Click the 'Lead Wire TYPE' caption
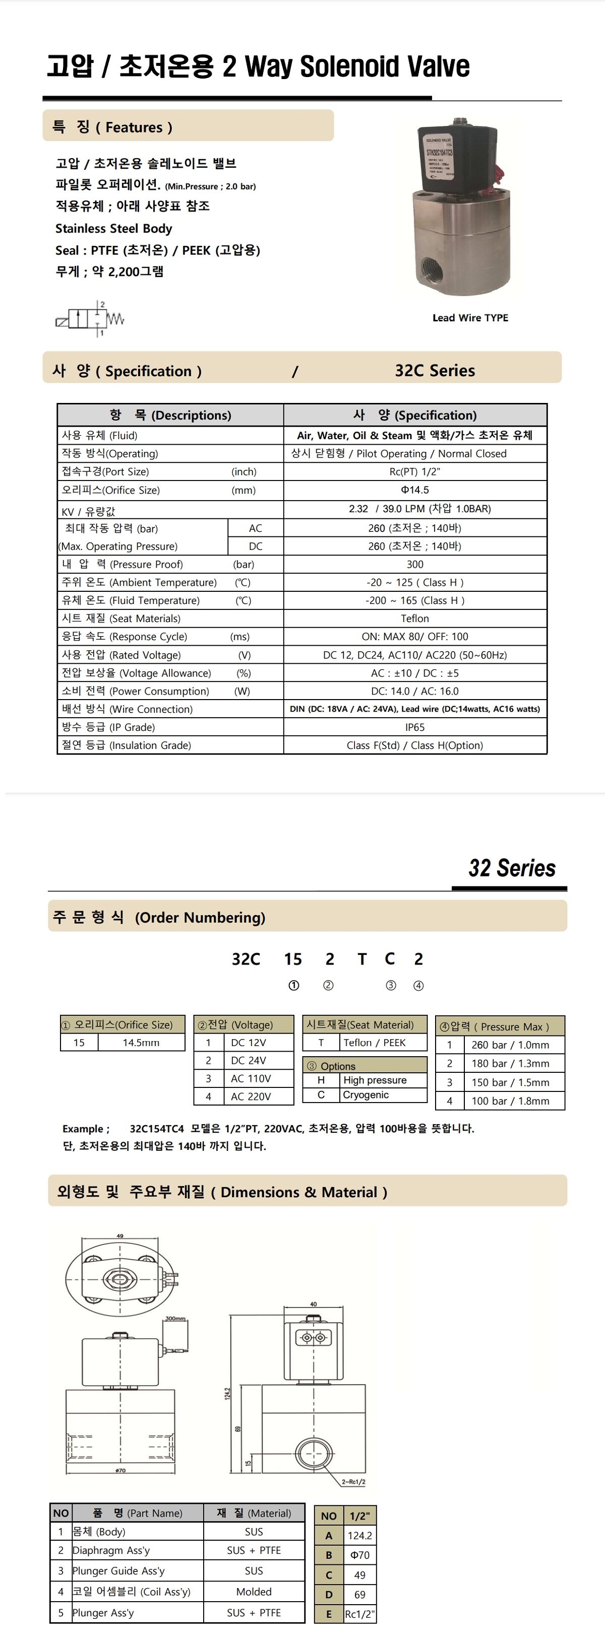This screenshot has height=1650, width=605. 470,318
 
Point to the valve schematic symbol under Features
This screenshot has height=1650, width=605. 89,318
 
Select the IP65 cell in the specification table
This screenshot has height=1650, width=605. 414,727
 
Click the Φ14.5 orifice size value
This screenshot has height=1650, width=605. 414,490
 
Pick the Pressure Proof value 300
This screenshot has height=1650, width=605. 414,564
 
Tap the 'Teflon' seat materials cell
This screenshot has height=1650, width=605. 414,618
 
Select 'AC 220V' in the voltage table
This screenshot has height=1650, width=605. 251,1096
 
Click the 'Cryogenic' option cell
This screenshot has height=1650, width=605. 366,1094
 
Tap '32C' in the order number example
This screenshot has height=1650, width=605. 246,959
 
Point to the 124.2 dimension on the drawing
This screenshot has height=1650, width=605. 227,1394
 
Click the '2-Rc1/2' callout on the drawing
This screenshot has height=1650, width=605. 353,1482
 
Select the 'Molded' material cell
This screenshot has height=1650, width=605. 254,1592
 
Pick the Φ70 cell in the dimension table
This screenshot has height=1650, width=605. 359,1555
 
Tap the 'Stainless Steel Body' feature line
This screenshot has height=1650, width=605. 113,229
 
